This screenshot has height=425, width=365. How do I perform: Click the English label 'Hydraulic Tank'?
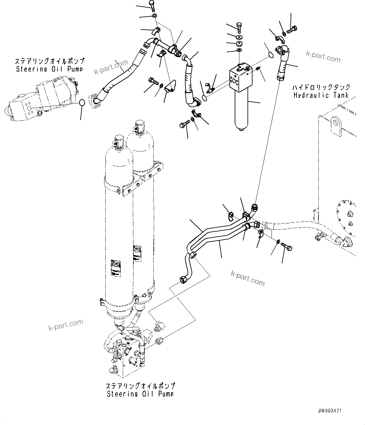(x=321, y=95)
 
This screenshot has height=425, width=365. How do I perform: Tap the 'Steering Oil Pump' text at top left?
(x=50, y=69)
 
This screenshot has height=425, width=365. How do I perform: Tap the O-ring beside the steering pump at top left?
(x=82, y=102)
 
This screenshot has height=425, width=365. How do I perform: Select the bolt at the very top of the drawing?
(x=152, y=5)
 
